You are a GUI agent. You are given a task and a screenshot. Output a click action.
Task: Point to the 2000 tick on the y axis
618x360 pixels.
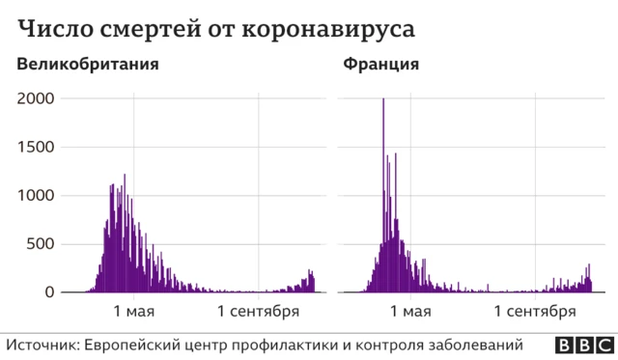click(x=37, y=98)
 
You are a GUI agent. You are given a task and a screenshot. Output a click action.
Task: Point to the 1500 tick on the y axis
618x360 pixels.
click(x=37, y=147)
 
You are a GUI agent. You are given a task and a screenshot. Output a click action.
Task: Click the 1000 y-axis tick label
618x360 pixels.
click(x=37, y=195)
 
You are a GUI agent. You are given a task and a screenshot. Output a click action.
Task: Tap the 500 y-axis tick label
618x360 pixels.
click(x=42, y=243)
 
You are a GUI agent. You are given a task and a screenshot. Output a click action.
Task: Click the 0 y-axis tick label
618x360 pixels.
click(x=50, y=291)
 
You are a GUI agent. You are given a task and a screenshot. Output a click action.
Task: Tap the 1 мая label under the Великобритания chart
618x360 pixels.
click(x=133, y=311)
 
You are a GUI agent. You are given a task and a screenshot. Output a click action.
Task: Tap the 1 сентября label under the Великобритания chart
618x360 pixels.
click(x=258, y=311)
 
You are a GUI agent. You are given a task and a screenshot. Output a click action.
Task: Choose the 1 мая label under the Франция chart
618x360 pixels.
click(x=410, y=311)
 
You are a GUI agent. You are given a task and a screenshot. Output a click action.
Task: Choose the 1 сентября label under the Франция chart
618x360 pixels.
click(x=535, y=311)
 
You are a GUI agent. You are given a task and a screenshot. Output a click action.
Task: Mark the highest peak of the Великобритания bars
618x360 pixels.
click(x=125, y=177)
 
